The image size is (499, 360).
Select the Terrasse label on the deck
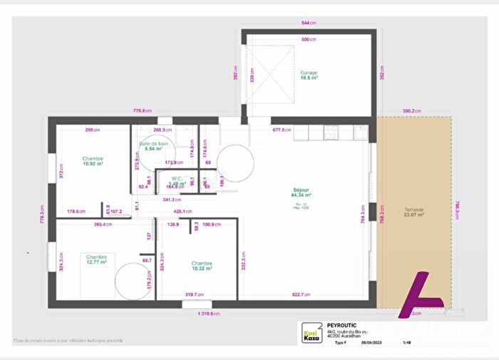[x=413, y=210]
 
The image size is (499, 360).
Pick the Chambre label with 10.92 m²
[x=93, y=159]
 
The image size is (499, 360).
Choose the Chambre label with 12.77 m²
[x=96, y=257]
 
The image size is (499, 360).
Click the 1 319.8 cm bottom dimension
[x=205, y=314]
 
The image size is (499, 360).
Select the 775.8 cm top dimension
[x=143, y=110]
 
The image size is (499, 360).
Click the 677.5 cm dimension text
[x=282, y=130]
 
